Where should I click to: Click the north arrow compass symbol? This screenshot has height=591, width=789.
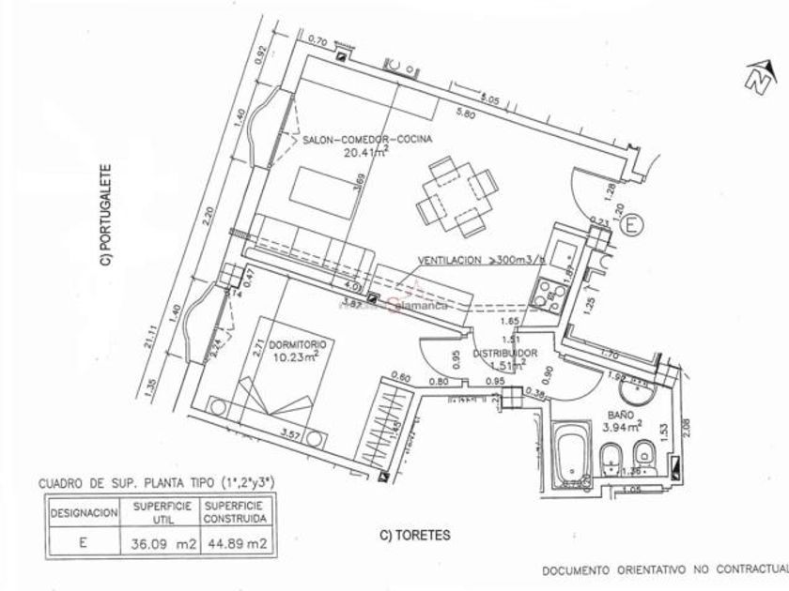click(x=755, y=78)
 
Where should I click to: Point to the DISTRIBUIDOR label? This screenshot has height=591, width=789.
click(x=504, y=354)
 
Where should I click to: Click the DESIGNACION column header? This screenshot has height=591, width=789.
click(x=84, y=514)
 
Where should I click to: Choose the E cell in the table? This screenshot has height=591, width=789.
click(x=84, y=540)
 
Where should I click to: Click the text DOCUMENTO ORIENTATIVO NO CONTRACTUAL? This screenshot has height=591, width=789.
click(x=663, y=570)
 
